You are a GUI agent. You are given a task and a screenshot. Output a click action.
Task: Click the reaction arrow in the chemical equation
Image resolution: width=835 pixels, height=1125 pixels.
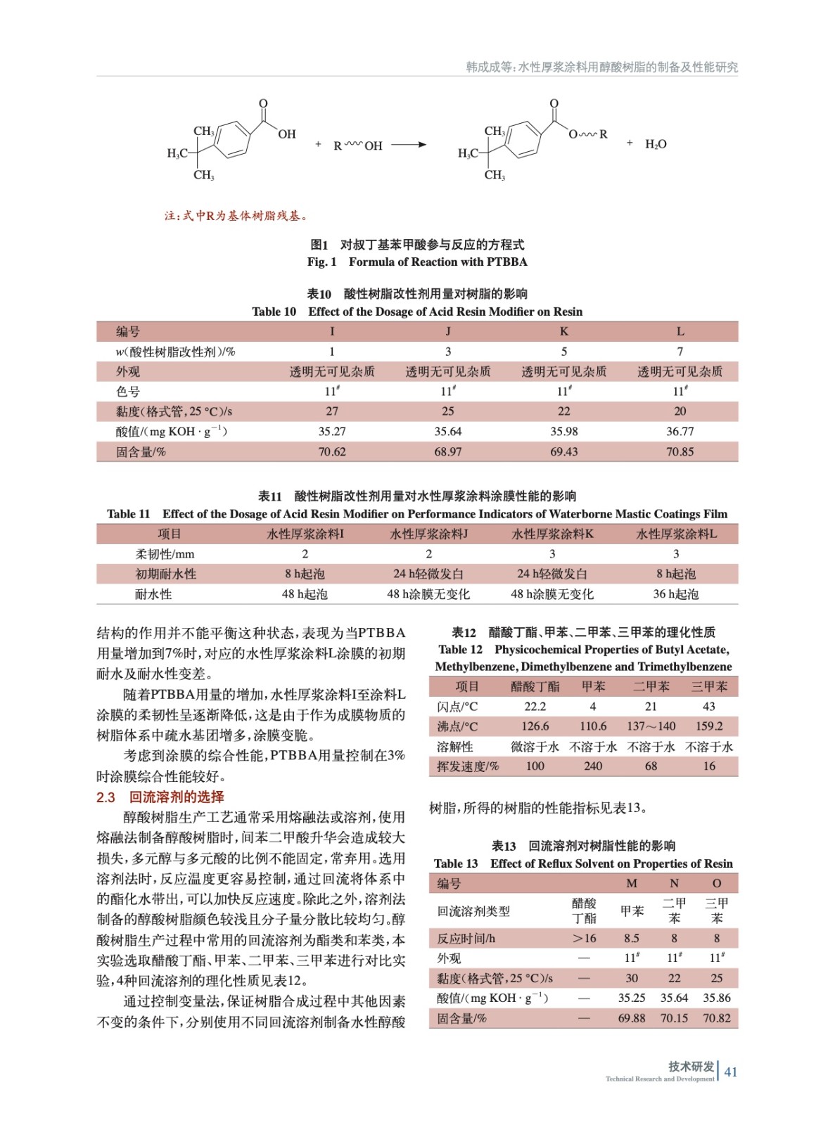409,145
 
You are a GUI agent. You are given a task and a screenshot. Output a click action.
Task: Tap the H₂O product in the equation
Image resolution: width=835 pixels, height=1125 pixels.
656,144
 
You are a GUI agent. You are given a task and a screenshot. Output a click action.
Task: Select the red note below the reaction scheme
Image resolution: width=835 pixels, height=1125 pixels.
236,216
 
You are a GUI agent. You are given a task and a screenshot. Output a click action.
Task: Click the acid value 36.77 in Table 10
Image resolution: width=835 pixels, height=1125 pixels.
680,432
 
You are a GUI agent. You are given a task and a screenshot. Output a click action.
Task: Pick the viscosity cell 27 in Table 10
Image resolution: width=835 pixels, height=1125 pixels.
332,411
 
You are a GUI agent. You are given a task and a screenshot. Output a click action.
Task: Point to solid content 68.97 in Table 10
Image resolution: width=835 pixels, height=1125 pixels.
448,451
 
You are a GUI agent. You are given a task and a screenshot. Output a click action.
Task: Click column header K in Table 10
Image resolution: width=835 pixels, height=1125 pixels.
563,331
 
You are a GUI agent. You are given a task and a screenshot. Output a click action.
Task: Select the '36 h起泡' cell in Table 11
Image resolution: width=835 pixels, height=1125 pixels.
675,594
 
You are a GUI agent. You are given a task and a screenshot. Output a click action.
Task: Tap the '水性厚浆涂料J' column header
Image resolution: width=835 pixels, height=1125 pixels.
428,534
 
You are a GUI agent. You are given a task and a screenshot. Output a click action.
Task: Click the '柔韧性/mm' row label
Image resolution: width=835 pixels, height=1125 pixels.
165,554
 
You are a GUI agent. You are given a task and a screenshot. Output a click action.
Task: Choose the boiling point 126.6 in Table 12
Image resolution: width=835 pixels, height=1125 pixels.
535,726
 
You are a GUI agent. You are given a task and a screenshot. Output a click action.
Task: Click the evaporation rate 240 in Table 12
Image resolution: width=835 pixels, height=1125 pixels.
593,766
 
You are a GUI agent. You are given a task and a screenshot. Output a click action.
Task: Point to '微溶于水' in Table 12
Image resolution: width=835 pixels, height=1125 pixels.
535,747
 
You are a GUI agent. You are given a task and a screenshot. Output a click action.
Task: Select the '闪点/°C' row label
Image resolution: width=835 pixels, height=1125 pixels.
457,707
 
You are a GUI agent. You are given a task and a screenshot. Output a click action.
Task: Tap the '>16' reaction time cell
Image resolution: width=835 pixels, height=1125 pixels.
584,938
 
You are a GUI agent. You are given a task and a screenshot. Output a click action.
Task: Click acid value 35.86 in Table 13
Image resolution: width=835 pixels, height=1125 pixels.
716,998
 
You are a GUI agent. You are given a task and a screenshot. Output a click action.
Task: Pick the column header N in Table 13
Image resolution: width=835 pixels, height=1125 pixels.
674,884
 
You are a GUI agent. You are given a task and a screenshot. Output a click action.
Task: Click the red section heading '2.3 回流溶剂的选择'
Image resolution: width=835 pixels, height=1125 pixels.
160,797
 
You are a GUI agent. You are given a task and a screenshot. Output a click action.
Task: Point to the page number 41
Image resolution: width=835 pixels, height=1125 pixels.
731,1072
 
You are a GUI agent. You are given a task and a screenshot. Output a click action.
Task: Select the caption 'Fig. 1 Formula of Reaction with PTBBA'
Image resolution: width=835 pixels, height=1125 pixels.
417,262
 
